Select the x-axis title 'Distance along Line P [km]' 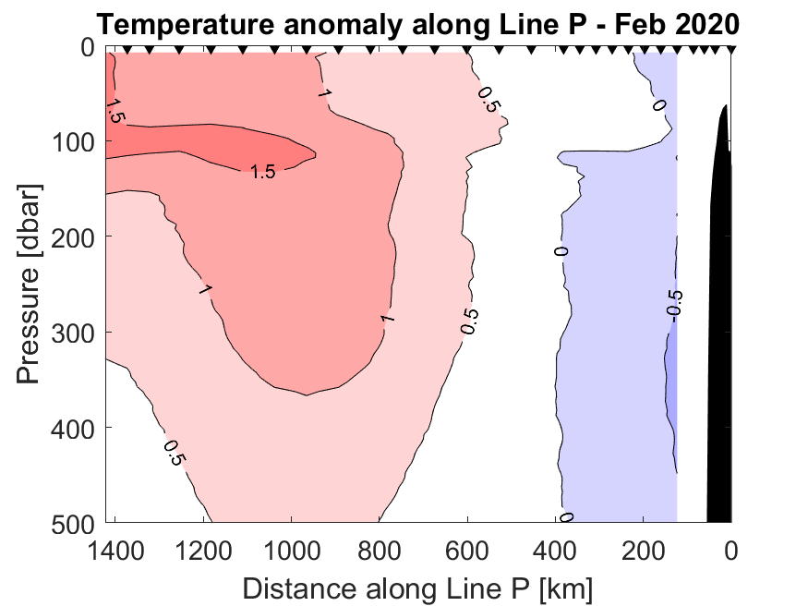coord(417,587)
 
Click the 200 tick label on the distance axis coord(644,553)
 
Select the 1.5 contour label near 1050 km coord(263,171)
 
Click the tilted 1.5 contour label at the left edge coord(115,109)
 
